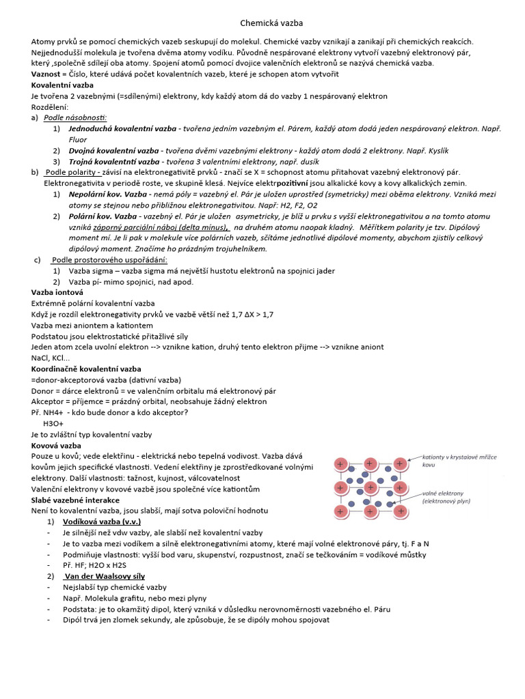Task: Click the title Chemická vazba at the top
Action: click(262, 24)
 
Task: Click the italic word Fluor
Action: click(78, 139)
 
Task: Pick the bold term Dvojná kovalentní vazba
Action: click(113, 150)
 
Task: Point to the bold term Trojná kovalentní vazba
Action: click(113, 161)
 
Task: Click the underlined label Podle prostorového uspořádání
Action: click(109, 259)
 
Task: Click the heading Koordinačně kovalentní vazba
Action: click(86, 369)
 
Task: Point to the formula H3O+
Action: click(53, 423)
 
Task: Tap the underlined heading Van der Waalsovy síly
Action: click(110, 576)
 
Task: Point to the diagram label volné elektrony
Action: click(444, 492)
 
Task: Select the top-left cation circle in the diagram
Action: click(340, 464)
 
